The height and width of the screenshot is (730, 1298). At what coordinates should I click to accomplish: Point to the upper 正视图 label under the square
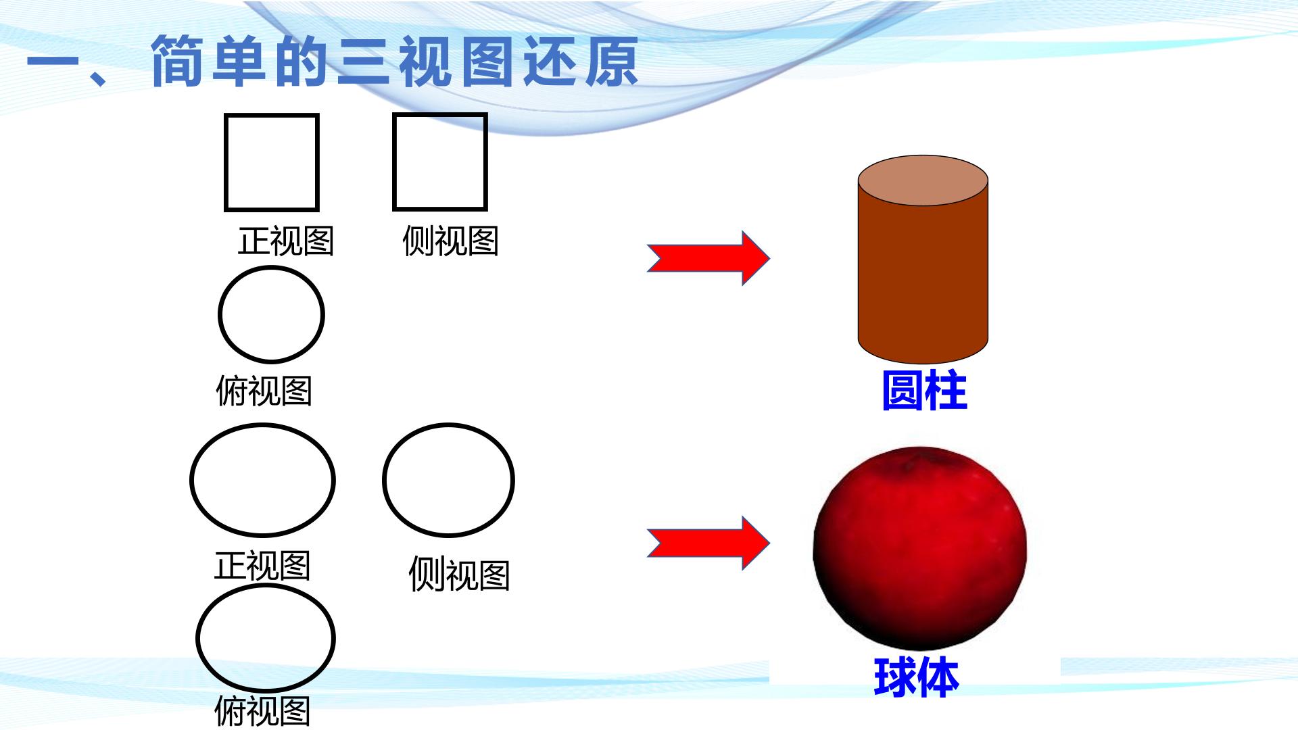pyautogui.click(x=286, y=241)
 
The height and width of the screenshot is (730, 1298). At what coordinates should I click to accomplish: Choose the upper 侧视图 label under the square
pyautogui.click(x=450, y=241)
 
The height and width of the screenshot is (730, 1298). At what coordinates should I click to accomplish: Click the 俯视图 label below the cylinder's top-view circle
pyautogui.click(x=264, y=391)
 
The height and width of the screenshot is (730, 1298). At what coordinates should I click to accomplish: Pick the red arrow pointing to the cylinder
pyautogui.click(x=708, y=258)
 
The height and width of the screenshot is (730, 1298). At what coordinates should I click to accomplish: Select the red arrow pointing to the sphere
pyautogui.click(x=708, y=543)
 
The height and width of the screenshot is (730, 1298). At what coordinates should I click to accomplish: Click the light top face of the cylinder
pyautogui.click(x=923, y=180)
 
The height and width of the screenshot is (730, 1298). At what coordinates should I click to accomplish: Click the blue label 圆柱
pyautogui.click(x=925, y=391)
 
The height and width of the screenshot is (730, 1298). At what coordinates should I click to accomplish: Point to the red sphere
pyautogui.click(x=919, y=547)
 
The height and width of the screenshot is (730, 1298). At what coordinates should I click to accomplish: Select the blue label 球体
pyautogui.click(x=917, y=677)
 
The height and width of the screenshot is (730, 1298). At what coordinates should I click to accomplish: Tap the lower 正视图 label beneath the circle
pyautogui.click(x=262, y=566)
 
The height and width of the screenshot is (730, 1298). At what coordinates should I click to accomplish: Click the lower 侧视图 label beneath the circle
pyautogui.click(x=459, y=575)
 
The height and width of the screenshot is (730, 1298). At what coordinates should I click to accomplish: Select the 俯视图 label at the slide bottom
pyautogui.click(x=262, y=711)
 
